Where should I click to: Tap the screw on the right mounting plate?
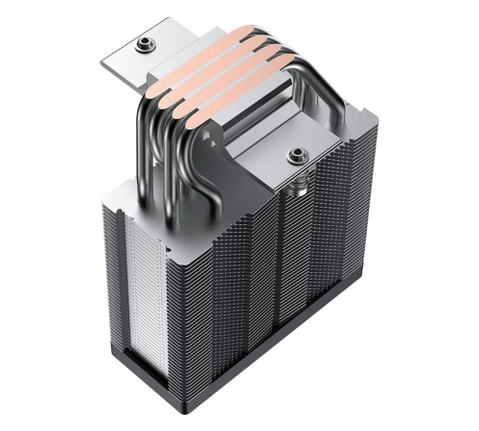296,152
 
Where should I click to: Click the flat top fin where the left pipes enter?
144,192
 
